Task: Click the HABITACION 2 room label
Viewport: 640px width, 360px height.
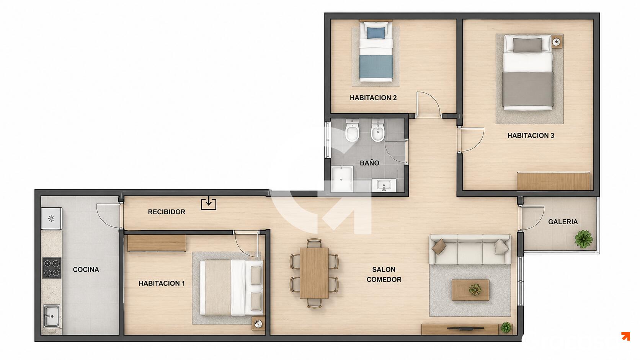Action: point(373,98)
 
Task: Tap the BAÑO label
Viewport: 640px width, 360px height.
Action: point(369,163)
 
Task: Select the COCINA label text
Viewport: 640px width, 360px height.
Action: point(86,269)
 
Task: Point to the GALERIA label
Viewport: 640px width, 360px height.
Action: point(563,222)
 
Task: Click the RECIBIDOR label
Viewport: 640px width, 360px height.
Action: point(167,212)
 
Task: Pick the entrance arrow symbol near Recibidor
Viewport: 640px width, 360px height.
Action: point(209,203)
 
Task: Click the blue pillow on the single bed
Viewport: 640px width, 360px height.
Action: point(376,33)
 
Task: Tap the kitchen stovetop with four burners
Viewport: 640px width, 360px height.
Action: point(52,268)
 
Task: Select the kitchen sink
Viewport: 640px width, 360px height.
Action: point(52,316)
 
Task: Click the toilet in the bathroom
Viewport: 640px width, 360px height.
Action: point(352,130)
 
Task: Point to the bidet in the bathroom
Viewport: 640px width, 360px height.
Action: point(378,130)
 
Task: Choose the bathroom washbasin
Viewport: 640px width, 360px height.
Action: point(384,185)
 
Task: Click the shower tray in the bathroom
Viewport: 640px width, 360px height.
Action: point(342,179)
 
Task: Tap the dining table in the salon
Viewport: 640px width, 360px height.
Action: point(314,273)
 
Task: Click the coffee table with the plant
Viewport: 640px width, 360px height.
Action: point(470,290)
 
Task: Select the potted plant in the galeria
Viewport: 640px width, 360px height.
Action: point(584,239)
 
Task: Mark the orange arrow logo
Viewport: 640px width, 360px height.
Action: point(626,336)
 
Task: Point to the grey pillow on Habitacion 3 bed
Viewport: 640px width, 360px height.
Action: point(527,45)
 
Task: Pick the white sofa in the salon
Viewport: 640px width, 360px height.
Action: point(470,249)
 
